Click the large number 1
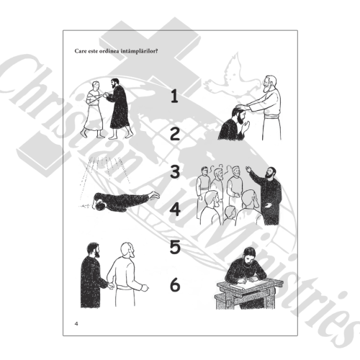click(175, 96)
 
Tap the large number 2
click(175, 134)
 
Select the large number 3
click(175, 171)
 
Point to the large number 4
click(175, 209)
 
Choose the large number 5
click(175, 247)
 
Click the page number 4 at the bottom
click(76, 323)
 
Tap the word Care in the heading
click(80, 51)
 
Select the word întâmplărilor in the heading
click(139, 51)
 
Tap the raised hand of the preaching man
click(248, 169)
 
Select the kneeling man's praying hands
click(246, 127)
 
